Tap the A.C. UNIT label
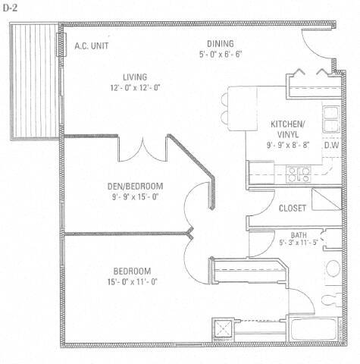[91, 45]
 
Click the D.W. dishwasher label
[331, 146]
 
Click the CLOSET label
[293, 209]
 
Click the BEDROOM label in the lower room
[132, 271]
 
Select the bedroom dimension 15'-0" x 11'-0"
[132, 281]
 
